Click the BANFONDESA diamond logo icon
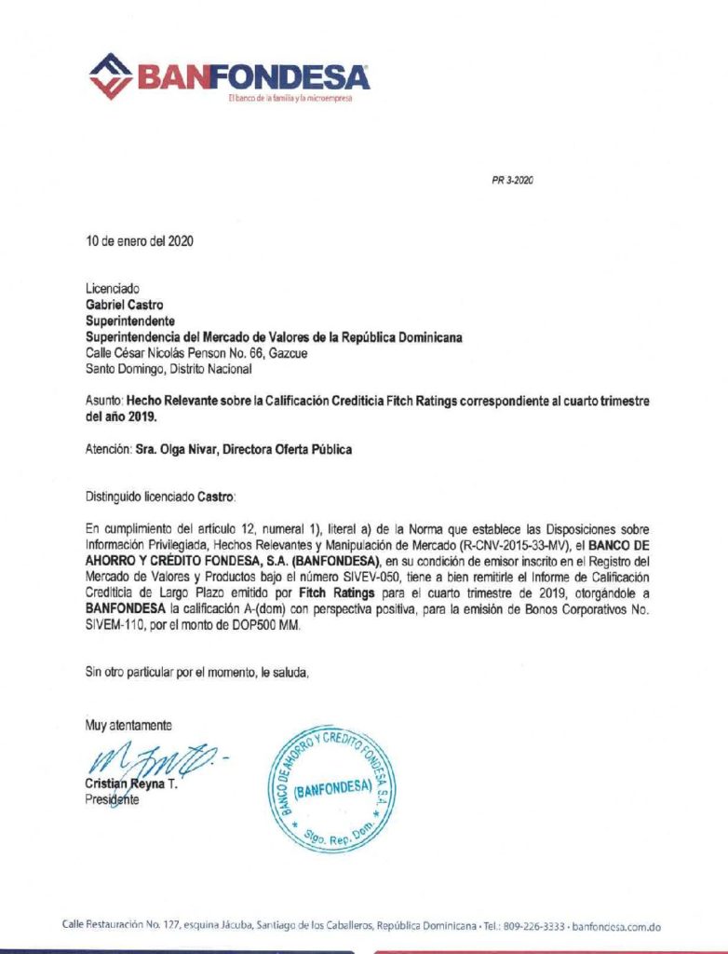point(112,75)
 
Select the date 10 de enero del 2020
point(140,240)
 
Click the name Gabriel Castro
point(120,302)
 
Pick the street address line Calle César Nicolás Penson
point(204,354)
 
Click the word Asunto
point(103,398)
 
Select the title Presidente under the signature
point(112,801)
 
